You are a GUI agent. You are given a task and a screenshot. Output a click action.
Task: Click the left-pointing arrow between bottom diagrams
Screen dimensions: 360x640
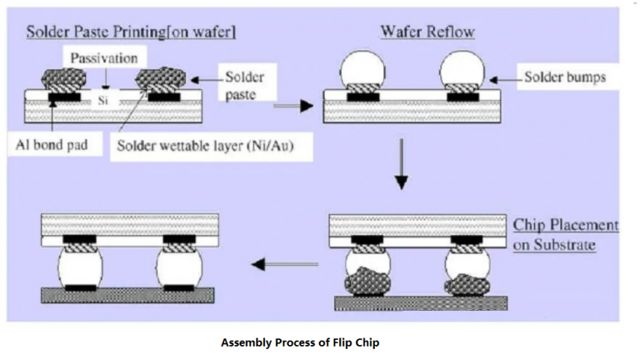pos(275,265)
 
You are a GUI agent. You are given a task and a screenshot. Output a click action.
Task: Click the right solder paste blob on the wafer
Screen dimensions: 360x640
pos(159,80)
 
